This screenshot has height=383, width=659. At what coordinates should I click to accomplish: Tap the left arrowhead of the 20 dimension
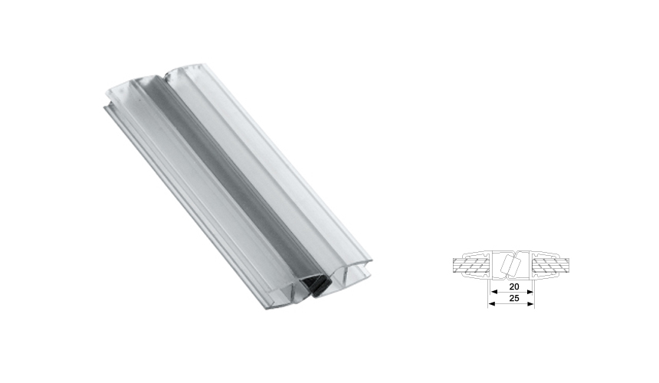[x=493, y=291]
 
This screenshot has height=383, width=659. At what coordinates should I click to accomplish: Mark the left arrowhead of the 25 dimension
[x=490, y=303]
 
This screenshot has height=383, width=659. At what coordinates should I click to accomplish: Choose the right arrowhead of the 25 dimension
[x=533, y=303]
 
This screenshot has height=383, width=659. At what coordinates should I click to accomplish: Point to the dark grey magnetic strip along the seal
[x=230, y=176]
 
